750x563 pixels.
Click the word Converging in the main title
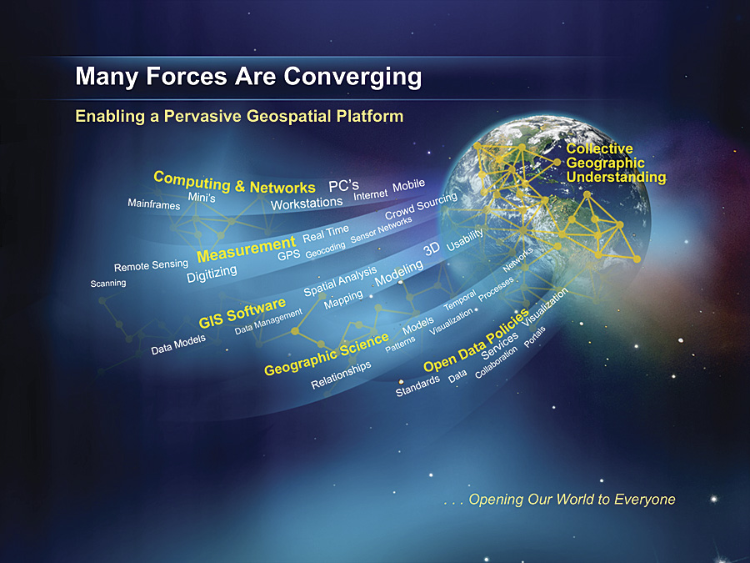352,77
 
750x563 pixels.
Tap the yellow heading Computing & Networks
234,183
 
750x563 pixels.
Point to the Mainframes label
154,204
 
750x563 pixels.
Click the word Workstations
307,204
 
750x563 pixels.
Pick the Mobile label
409,185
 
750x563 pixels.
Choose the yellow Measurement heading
247,249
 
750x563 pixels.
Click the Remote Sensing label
151,264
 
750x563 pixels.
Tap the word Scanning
108,283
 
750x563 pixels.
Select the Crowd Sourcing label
421,205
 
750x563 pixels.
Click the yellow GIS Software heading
242,313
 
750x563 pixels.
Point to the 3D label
432,249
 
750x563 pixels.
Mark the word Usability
464,239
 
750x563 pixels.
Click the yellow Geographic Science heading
326,354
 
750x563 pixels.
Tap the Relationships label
341,374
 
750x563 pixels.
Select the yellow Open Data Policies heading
476,340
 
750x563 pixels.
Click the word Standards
417,386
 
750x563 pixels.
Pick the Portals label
534,337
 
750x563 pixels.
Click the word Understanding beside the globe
616,177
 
